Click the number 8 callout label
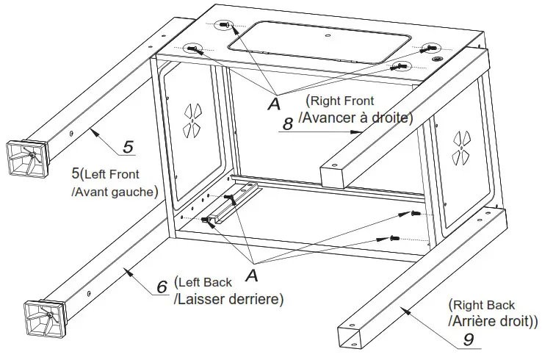coord(288,124)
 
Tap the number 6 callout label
coord(162,287)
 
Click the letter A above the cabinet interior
coord(274,104)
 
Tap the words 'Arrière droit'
coord(492,320)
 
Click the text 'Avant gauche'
coord(114,192)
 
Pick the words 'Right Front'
coord(340,101)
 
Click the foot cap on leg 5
coord(28,157)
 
